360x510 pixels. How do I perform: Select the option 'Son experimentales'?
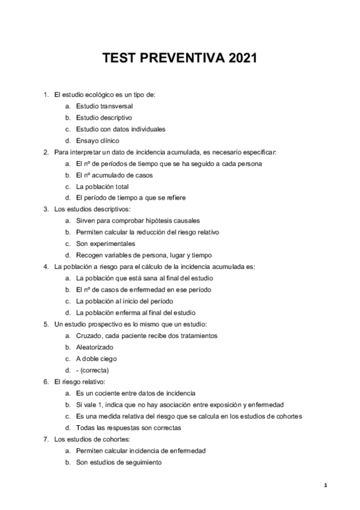pyautogui.click(x=105, y=244)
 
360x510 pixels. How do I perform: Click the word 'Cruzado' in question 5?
pyautogui.click(x=89, y=336)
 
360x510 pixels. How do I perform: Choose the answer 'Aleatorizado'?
pyautogui.click(x=95, y=347)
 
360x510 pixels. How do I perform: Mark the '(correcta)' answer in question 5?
pyautogui.click(x=94, y=370)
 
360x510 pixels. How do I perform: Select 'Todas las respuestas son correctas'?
pyautogui.click(x=129, y=428)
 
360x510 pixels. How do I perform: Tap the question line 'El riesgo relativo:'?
pyautogui.click(x=80, y=381)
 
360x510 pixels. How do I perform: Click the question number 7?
pyautogui.click(x=46, y=439)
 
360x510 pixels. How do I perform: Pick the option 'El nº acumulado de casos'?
pyautogui.click(x=114, y=175)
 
